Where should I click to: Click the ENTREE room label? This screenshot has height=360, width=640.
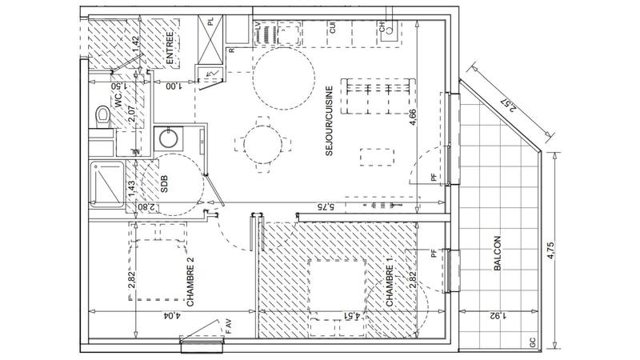(170, 46)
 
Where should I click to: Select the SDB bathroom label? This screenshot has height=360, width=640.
(165, 186)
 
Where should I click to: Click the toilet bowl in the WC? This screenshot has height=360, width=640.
(100, 116)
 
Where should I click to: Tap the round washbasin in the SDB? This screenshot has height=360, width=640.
(168, 139)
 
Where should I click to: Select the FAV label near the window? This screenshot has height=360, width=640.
(228, 326)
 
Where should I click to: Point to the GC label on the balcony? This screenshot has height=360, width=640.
(532, 342)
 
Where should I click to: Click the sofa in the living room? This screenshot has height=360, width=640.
(376, 96)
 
